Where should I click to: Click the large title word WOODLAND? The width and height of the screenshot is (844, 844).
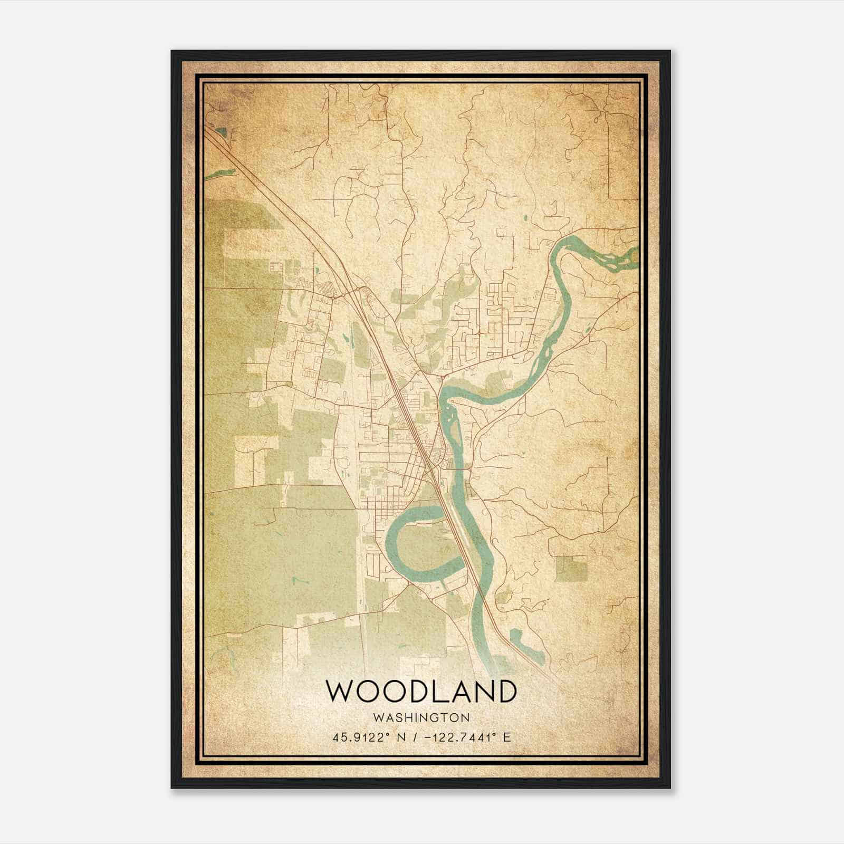coord(420,691)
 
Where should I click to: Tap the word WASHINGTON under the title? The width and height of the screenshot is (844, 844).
coord(421,718)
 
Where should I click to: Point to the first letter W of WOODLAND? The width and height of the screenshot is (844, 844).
coord(340,691)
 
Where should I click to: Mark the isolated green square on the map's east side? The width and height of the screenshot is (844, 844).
coord(571,569)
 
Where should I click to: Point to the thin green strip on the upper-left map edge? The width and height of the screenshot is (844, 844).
coord(219,173)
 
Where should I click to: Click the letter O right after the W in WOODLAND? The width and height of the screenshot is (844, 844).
coord(371,691)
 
